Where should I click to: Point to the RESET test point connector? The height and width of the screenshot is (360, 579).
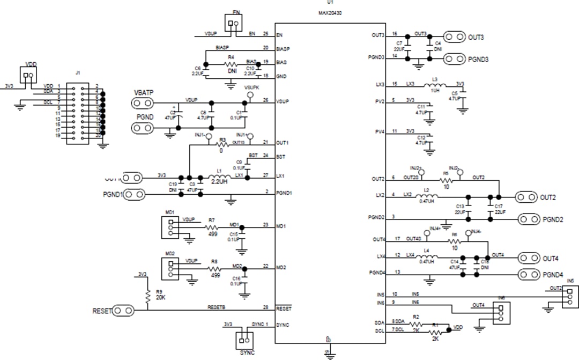(124, 310)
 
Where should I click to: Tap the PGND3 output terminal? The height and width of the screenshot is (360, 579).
(454, 58)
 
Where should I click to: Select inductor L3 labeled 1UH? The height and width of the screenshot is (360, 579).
(435, 85)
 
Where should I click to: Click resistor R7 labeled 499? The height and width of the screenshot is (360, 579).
(212, 227)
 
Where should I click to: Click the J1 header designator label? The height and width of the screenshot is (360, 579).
(78, 73)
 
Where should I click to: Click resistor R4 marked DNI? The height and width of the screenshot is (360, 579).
(232, 64)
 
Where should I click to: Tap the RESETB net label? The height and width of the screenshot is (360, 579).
(216, 307)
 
